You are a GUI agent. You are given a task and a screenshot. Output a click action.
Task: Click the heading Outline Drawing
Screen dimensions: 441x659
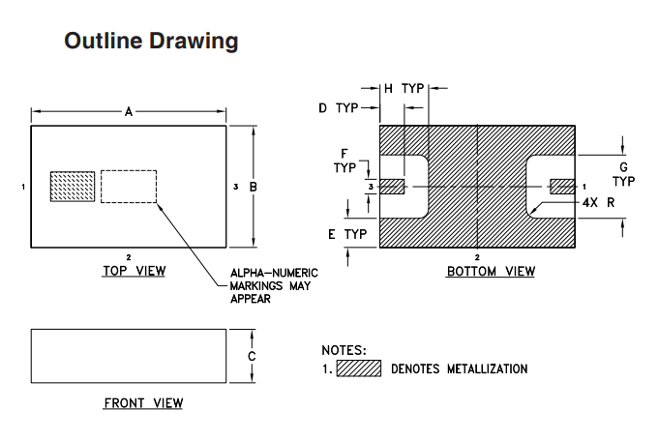(x=151, y=42)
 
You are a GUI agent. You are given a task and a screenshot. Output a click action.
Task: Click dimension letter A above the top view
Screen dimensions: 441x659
(x=129, y=112)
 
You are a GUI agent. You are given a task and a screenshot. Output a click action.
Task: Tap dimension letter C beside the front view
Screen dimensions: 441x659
(x=253, y=356)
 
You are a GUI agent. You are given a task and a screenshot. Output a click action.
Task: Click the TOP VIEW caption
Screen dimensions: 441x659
(x=134, y=271)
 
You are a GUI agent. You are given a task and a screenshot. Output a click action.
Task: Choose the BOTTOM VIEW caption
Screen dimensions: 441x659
(x=491, y=272)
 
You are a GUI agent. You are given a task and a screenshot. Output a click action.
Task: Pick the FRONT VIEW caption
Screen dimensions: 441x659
(x=143, y=402)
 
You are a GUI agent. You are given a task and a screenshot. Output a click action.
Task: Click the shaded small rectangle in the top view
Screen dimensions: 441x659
(x=73, y=187)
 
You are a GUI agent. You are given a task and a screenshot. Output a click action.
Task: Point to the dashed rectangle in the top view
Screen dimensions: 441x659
(x=129, y=187)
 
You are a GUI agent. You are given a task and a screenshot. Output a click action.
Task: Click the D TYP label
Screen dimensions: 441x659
(x=339, y=107)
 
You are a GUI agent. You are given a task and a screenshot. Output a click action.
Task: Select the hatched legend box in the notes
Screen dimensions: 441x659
(x=358, y=368)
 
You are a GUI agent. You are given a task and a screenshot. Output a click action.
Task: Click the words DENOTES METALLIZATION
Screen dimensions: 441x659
(x=460, y=368)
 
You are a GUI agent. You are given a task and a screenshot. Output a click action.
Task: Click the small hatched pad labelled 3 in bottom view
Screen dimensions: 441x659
(x=392, y=186)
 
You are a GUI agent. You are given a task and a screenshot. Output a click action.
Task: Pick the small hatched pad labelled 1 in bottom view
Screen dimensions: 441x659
(x=562, y=186)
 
